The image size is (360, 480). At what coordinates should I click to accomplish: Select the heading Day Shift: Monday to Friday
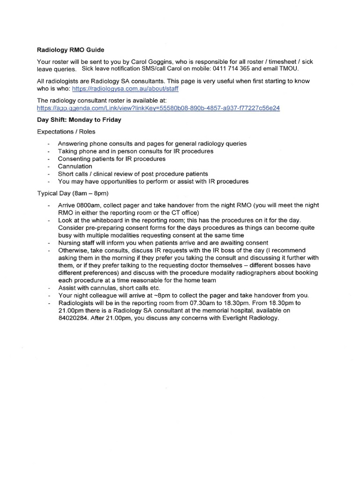(79, 120)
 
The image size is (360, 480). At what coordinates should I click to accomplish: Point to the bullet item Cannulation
(75, 166)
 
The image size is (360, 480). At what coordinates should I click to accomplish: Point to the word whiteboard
(103, 220)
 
